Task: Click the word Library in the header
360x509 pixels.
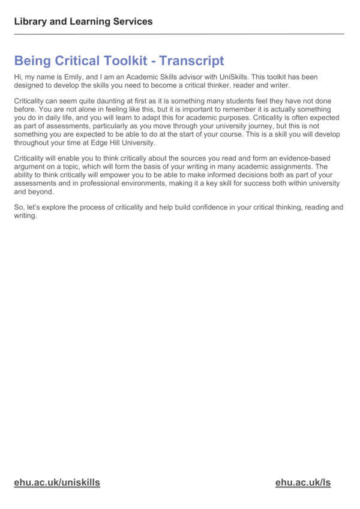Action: click(30, 22)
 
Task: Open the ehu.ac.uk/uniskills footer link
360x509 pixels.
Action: click(57, 483)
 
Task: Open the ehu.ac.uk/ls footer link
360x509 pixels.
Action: click(303, 483)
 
